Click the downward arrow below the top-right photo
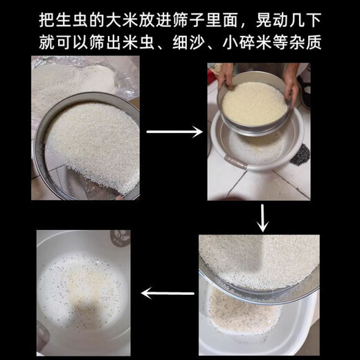click(x=262, y=217)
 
